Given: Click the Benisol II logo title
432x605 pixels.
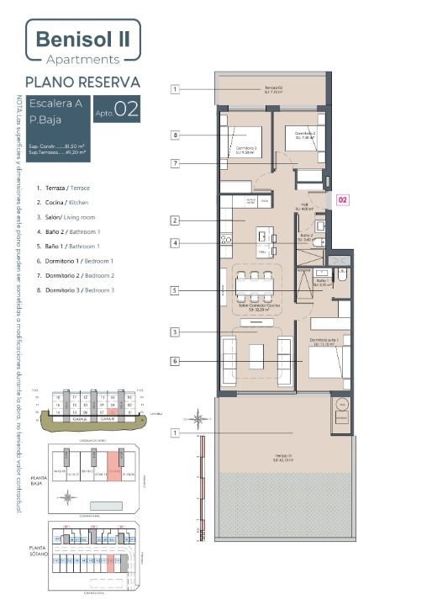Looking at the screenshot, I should pos(82,39).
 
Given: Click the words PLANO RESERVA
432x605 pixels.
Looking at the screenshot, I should pos(82,82).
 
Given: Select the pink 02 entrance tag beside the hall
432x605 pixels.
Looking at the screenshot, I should pos(343,200).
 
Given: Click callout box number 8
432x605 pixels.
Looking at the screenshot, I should pos(176,135).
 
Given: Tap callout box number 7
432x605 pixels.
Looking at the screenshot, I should pos(176,162).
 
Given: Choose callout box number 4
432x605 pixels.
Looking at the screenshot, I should pos(176,243).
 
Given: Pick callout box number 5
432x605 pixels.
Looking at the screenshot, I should pos(176,290).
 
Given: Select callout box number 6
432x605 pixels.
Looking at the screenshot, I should pos(176,361).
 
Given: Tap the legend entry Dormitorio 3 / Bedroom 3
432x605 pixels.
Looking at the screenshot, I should pos(80,289).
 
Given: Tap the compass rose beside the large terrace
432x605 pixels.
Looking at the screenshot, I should pos(198,418).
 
